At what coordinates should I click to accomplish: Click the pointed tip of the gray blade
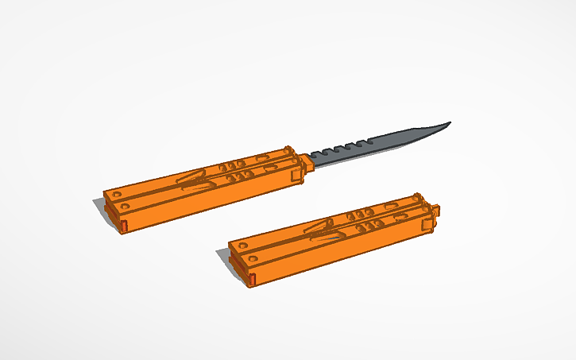pyautogui.click(x=450, y=123)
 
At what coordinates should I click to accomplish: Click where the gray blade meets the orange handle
pyautogui.click(x=310, y=161)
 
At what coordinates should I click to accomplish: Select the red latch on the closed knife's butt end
pyautogui.click(x=253, y=279)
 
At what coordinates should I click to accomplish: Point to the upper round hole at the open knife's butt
pyautogui.click(x=118, y=194)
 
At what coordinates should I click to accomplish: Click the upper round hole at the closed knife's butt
pyautogui.click(x=242, y=245)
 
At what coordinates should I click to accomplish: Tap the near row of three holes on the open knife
pyautogui.click(x=242, y=176)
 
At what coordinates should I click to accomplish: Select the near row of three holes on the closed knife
pyautogui.click(x=370, y=226)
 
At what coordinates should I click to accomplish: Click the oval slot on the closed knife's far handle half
pyautogui.click(x=391, y=205)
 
